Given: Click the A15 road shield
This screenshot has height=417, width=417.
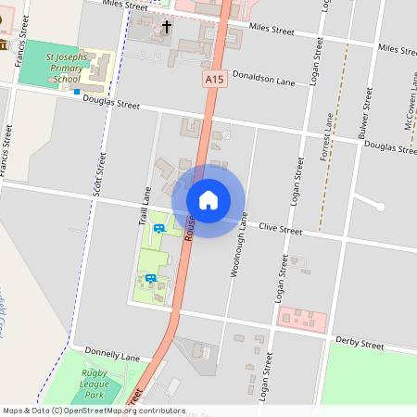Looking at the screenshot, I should pos(215,82).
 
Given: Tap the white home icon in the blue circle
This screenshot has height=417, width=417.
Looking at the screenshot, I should pos(208,199).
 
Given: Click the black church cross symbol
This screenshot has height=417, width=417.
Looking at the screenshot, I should pos(167,27).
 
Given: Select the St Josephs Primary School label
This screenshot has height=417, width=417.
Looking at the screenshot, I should pos(67,69).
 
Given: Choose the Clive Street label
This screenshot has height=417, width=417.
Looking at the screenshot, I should pos(281,227).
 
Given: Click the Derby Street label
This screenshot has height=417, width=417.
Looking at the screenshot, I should pos(360,344).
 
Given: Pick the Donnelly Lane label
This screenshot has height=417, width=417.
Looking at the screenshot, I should pos(111,356).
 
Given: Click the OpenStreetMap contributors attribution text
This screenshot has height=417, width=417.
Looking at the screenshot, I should pos(93,411).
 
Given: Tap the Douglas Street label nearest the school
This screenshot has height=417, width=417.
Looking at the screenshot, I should pos(111,103).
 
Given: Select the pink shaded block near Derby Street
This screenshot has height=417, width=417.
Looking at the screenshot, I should pos(302,319).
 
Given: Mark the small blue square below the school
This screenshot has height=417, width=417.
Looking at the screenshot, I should pos(77,91).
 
